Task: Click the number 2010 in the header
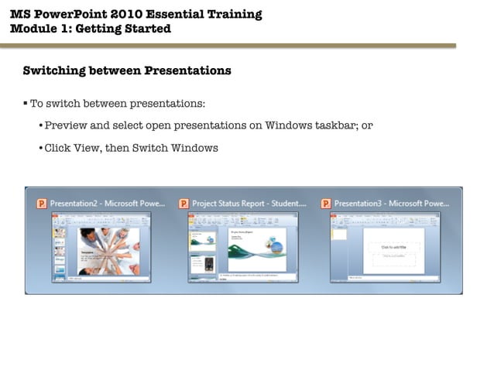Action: pyautogui.click(x=137, y=14)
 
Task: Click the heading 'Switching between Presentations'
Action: pyautogui.click(x=127, y=70)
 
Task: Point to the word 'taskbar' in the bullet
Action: pyautogui.click(x=330, y=125)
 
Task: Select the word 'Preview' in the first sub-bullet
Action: pyautogui.click(x=67, y=125)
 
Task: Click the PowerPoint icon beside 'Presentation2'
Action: pyautogui.click(x=42, y=204)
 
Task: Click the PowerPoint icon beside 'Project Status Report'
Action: pyautogui.click(x=184, y=204)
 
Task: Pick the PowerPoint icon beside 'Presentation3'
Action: pyautogui.click(x=326, y=204)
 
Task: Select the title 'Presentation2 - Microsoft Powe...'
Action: pyautogui.click(x=108, y=204)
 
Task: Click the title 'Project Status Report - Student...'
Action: pyautogui.click(x=249, y=204)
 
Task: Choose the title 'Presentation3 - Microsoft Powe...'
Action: pyautogui.click(x=392, y=204)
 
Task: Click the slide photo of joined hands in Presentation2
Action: pyautogui.click(x=106, y=249)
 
